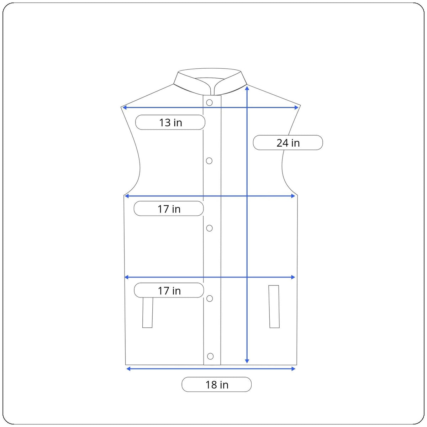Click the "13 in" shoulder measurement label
pyautogui.click(x=170, y=122)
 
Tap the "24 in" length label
pyautogui.click(x=288, y=143)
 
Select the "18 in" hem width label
pyautogui.click(x=216, y=384)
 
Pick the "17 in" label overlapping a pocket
pyautogui.click(x=169, y=290)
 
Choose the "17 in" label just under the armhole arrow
pyautogui.click(x=169, y=209)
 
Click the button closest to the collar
pyautogui.click(x=209, y=102)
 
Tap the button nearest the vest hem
pyautogui.click(x=210, y=356)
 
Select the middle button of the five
pyautogui.click(x=209, y=228)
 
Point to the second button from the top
pyautogui.click(x=209, y=161)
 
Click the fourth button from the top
pyautogui.click(x=210, y=299)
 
